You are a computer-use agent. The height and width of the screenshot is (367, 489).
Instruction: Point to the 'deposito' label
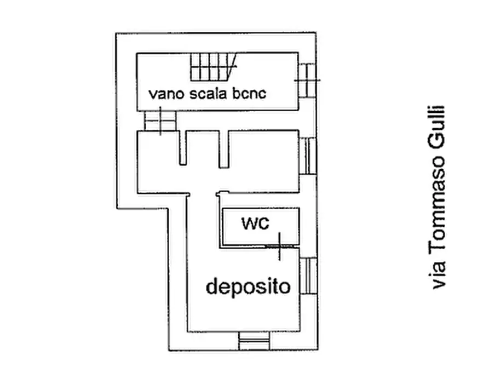tap(248, 286)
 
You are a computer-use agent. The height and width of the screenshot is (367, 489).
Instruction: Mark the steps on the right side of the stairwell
tap(307, 80)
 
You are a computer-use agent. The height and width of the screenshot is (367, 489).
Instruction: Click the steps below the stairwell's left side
tap(160, 121)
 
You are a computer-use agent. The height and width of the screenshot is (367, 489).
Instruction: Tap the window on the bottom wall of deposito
tap(254, 342)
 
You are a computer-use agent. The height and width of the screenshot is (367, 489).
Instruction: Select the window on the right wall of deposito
tap(310, 276)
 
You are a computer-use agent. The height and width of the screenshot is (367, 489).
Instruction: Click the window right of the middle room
tap(310, 156)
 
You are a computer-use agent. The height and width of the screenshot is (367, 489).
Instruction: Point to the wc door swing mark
tap(279, 246)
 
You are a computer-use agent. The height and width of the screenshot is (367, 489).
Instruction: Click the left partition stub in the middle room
tap(183, 148)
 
